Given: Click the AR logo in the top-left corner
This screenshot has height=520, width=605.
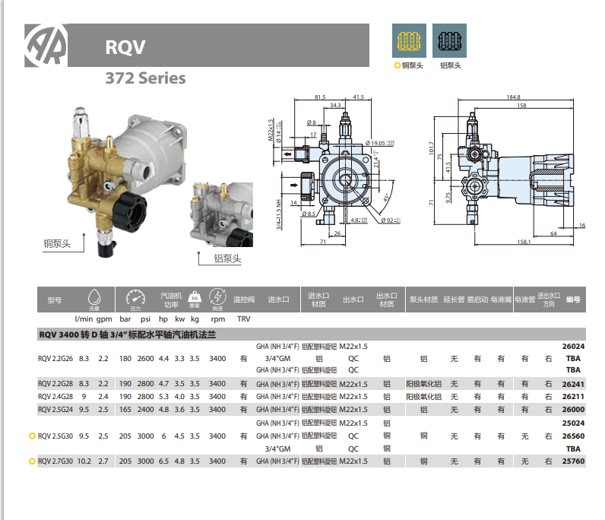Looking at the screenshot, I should tap(46, 45).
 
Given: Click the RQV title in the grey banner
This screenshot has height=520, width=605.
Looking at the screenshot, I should tap(126, 46).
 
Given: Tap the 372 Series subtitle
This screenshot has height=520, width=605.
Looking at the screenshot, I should tap(145, 78).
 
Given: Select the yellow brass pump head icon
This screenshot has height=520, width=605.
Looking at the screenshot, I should tap(410, 40).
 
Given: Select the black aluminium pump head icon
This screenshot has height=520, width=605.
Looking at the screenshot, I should tap(450, 40).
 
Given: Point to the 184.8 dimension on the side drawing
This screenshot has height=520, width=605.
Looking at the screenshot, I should tap(514, 97).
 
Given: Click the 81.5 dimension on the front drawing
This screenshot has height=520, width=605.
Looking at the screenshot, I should tap(320, 97).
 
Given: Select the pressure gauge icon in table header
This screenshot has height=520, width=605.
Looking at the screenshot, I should tap(135, 297).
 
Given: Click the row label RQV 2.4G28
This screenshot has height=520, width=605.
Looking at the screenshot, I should tap(56, 396).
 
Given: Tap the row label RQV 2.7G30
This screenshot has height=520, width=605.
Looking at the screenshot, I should tap(56, 461).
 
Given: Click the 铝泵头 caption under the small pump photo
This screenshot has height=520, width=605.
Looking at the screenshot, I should tap(227, 258).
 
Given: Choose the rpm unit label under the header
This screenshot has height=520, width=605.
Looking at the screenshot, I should tap(217, 319).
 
